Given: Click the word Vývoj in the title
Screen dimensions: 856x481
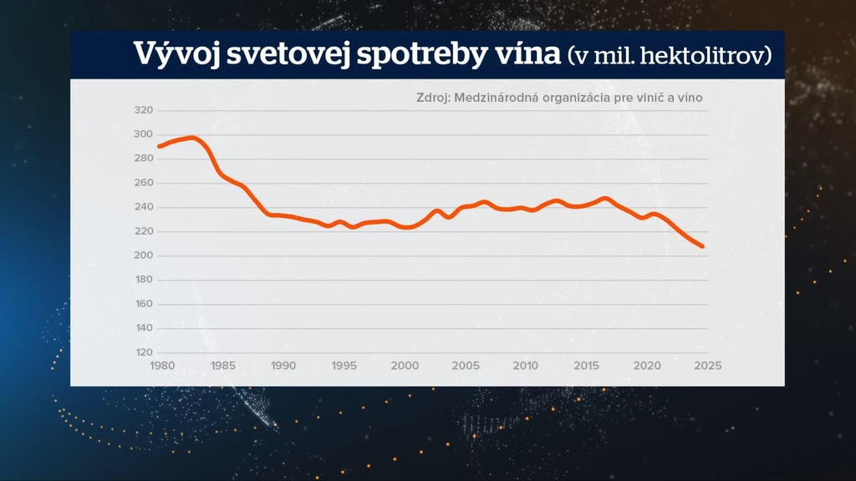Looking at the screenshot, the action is pyautogui.click(x=176, y=54).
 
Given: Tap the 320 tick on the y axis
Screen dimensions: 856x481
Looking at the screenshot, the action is pyautogui.click(x=144, y=110).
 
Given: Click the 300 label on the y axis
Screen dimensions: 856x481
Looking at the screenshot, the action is pyautogui.click(x=144, y=134).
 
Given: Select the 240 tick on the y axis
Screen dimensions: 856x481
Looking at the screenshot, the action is pyautogui.click(x=144, y=207).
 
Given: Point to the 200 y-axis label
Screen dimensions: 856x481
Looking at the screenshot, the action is pyautogui.click(x=144, y=256).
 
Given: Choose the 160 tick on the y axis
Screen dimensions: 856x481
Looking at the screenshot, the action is pyautogui.click(x=144, y=304).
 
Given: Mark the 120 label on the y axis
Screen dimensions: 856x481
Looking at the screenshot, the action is pyautogui.click(x=144, y=352).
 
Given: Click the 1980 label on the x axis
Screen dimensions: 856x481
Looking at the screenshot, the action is pyautogui.click(x=162, y=366).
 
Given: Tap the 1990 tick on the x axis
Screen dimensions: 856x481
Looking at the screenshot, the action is pyautogui.click(x=283, y=366).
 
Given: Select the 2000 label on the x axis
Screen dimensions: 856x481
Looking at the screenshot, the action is pyautogui.click(x=405, y=366).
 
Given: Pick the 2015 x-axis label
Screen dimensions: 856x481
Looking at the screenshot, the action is pyautogui.click(x=586, y=366).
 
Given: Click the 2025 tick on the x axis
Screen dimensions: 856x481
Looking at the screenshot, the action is pyautogui.click(x=707, y=366).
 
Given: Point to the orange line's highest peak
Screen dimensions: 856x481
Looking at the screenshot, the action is pyautogui.click(x=191, y=138).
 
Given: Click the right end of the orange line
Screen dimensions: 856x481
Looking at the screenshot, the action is pyautogui.click(x=702, y=246).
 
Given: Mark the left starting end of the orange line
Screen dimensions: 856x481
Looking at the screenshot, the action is pyautogui.click(x=160, y=146).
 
